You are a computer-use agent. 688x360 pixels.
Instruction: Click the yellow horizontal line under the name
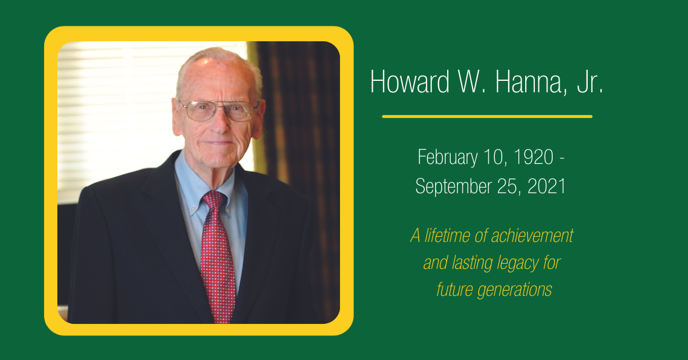pyautogui.click(x=487, y=116)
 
